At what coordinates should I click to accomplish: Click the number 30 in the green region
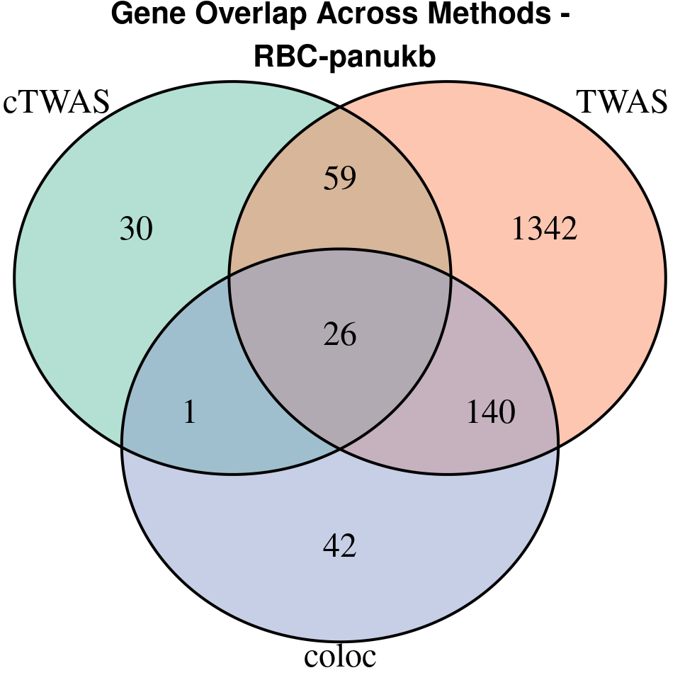(x=136, y=229)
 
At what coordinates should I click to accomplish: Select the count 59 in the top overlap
(x=339, y=178)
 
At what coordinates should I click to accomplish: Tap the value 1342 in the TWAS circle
(x=545, y=229)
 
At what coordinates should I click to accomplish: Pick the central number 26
(x=339, y=334)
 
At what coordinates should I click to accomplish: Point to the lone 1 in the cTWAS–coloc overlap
(x=189, y=412)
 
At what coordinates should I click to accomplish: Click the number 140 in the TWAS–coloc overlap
(x=491, y=412)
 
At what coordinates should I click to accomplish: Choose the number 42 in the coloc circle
(x=339, y=545)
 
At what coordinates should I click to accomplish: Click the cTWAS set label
(x=57, y=102)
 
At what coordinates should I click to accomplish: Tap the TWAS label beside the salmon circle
(x=623, y=102)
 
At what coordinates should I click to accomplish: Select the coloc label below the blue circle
(x=340, y=657)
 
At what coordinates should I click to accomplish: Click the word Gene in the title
(x=146, y=16)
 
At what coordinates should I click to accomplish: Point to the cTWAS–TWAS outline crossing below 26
(x=340, y=448)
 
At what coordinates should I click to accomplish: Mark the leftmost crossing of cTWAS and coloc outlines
(x=122, y=445)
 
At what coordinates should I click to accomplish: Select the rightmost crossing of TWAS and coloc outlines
(x=558, y=445)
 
